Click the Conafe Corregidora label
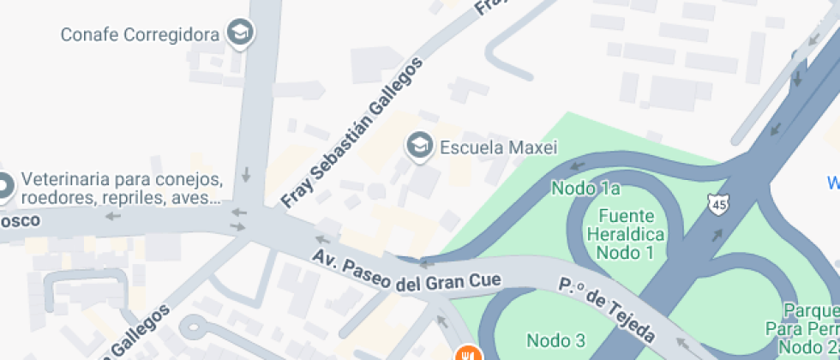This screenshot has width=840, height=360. [x=141, y=35]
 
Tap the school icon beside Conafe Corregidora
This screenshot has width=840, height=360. [x=241, y=33]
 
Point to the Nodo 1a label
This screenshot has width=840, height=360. [x=585, y=188]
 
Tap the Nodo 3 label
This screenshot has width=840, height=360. [x=555, y=340]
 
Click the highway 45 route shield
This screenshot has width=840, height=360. [x=717, y=204]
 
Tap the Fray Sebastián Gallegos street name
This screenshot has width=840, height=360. [x=353, y=133]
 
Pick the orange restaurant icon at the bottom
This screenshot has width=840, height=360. [x=467, y=353]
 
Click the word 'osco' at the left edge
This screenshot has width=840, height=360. [x=21, y=220]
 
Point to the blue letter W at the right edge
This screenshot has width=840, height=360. [x=832, y=183]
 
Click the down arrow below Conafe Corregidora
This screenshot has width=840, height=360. [x=247, y=175]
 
